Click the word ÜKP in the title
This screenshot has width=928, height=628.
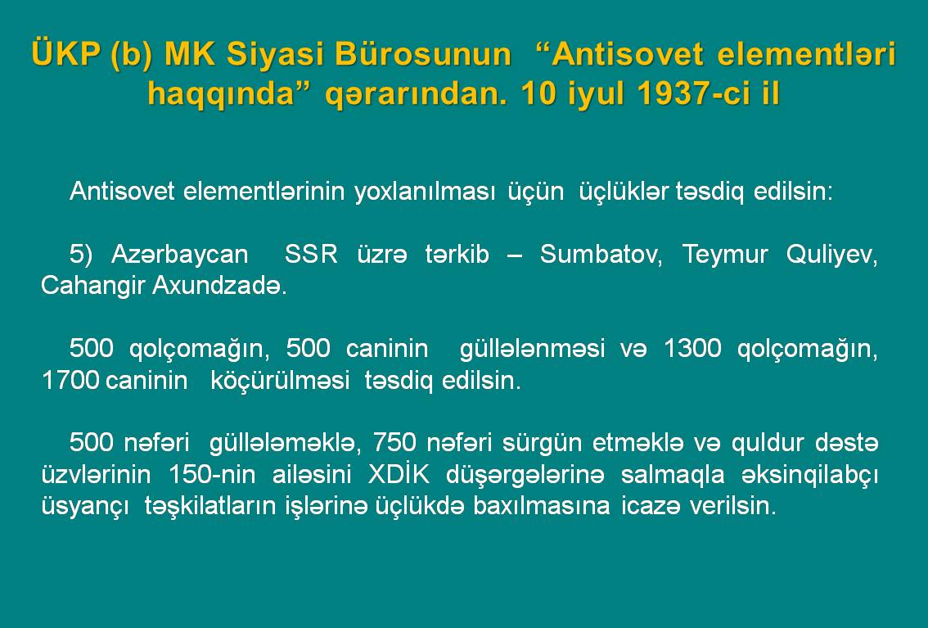(65, 53)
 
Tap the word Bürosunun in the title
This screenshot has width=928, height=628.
(422, 53)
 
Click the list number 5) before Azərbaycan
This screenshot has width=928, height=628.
(81, 255)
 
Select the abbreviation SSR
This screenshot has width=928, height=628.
(311, 255)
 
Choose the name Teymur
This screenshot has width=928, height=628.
(724, 255)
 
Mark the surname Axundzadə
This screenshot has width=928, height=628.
(219, 286)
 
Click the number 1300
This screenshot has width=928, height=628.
(692, 348)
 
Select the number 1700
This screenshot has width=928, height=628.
(70, 380)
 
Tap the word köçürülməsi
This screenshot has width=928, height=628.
(280, 382)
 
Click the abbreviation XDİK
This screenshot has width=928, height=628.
(399, 474)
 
